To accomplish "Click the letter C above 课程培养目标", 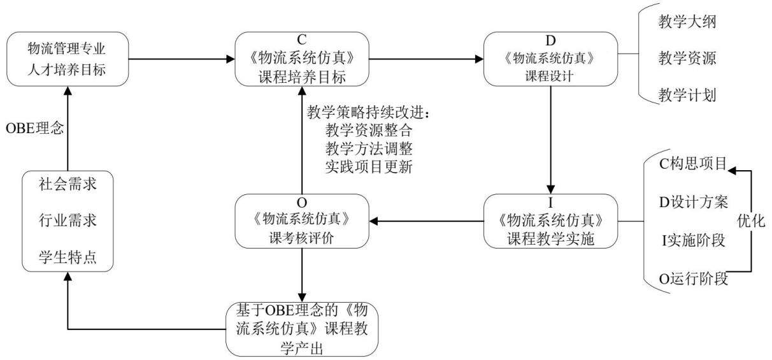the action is tap(301, 40).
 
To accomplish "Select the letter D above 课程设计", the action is tap(550, 41).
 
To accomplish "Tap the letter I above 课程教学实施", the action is tap(550, 203).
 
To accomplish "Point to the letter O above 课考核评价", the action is tap(301, 203).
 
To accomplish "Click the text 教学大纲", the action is tap(687, 22).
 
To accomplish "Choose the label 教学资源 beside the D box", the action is tap(687, 58).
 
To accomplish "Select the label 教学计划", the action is tap(687, 95).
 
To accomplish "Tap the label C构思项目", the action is tap(693, 164).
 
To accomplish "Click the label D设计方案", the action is tap(693, 202).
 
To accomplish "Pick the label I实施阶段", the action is tap(693, 240).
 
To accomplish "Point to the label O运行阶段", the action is tap(693, 278).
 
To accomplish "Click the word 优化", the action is tap(751, 221).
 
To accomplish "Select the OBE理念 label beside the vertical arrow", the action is tap(35, 128).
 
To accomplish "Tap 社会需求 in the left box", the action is tap(68, 184).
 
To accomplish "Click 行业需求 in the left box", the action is tap(68, 220).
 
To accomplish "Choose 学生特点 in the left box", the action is tap(68, 257).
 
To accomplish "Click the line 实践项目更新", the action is tap(369, 167).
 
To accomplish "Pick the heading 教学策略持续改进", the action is tap(365, 112).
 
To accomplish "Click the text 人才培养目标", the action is tap(66, 69).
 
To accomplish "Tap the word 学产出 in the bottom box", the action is tap(302, 349).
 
